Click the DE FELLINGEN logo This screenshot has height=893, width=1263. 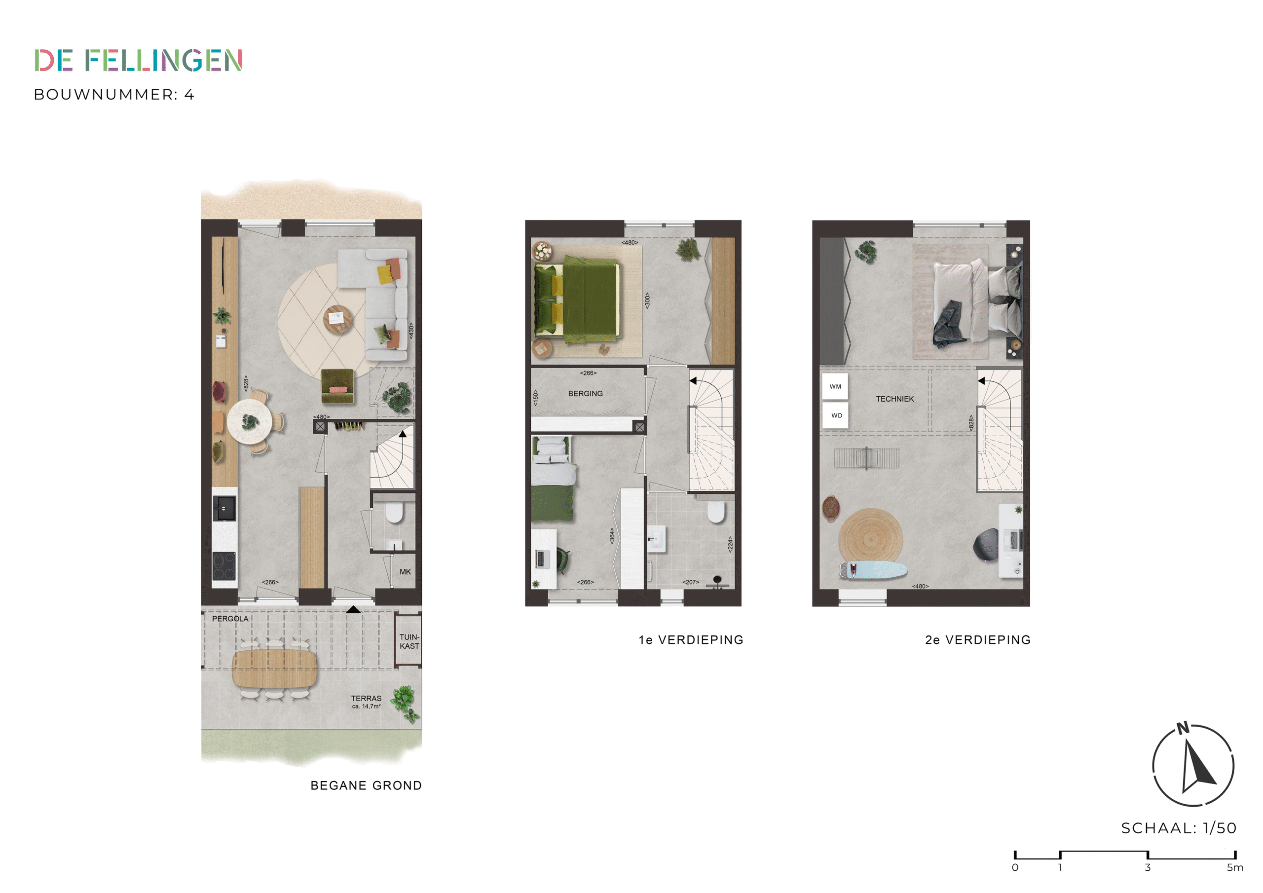pyautogui.click(x=138, y=60)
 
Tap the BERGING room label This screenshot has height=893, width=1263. pyautogui.click(x=585, y=393)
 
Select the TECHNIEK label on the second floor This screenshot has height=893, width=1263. pyautogui.click(x=894, y=399)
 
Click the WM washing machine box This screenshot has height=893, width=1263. pyautogui.click(x=835, y=386)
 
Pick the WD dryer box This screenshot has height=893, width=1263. pyautogui.click(x=836, y=415)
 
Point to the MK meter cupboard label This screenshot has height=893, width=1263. pyautogui.click(x=405, y=572)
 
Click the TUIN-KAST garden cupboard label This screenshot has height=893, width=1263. pyautogui.click(x=409, y=641)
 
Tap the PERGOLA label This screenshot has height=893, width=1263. pyautogui.click(x=230, y=619)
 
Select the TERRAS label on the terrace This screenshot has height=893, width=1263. pyautogui.click(x=366, y=698)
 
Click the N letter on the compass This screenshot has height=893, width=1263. pyautogui.click(x=1183, y=728)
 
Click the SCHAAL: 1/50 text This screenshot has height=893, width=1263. pyautogui.click(x=1178, y=827)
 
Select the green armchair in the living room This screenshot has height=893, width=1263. pyautogui.click(x=337, y=386)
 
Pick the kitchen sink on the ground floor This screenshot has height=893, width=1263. pyautogui.click(x=224, y=508)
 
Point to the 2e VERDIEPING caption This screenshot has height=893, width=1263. pyautogui.click(x=977, y=640)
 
